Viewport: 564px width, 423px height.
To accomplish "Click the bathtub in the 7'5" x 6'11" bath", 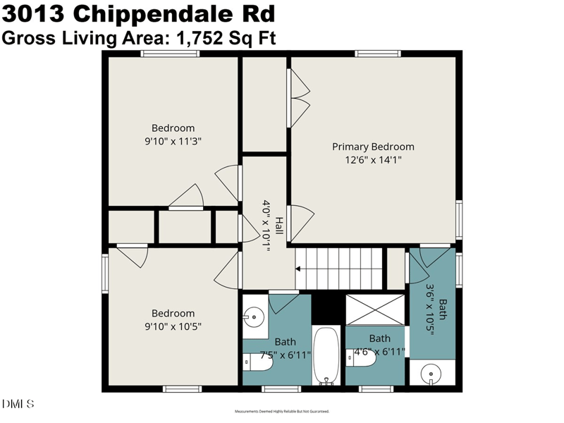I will pyautogui.click(x=326, y=356).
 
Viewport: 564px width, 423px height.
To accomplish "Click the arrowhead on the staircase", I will pyautogui.click(x=299, y=269).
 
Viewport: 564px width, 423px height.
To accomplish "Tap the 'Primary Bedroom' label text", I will pyautogui.click(x=373, y=147).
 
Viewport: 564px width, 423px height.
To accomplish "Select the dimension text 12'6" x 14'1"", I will pyautogui.click(x=373, y=159).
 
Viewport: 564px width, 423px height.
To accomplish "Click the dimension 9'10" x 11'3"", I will pyautogui.click(x=173, y=140).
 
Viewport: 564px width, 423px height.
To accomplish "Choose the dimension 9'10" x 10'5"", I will pyautogui.click(x=173, y=326).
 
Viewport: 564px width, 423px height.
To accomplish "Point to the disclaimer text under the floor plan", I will pyautogui.click(x=281, y=411).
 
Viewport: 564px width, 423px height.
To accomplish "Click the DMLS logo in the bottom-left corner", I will pyautogui.click(x=18, y=404).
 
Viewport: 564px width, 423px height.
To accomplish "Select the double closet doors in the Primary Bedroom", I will pyautogui.click(x=300, y=97).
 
